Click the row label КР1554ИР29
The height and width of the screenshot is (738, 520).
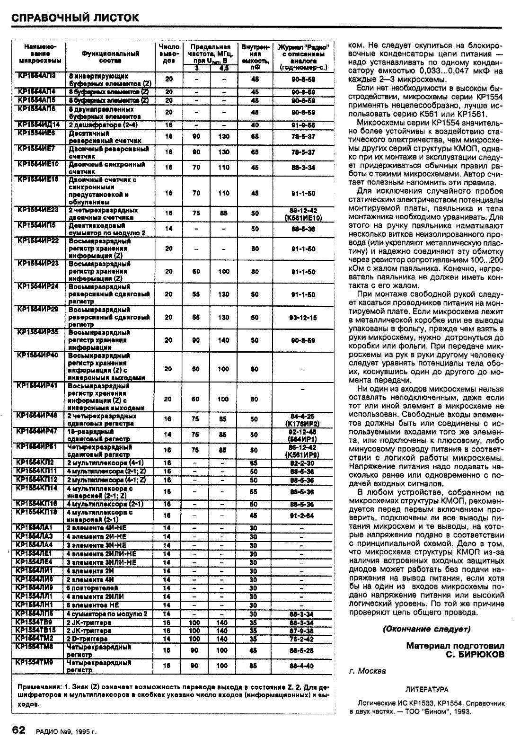pyautogui.click(x=38, y=309)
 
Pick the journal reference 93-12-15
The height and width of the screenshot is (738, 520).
pyautogui.click(x=303, y=317)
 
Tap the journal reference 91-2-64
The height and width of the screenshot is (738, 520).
pyautogui.click(x=303, y=516)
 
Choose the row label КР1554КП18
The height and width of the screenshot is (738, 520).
pyautogui.click(x=38, y=512)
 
